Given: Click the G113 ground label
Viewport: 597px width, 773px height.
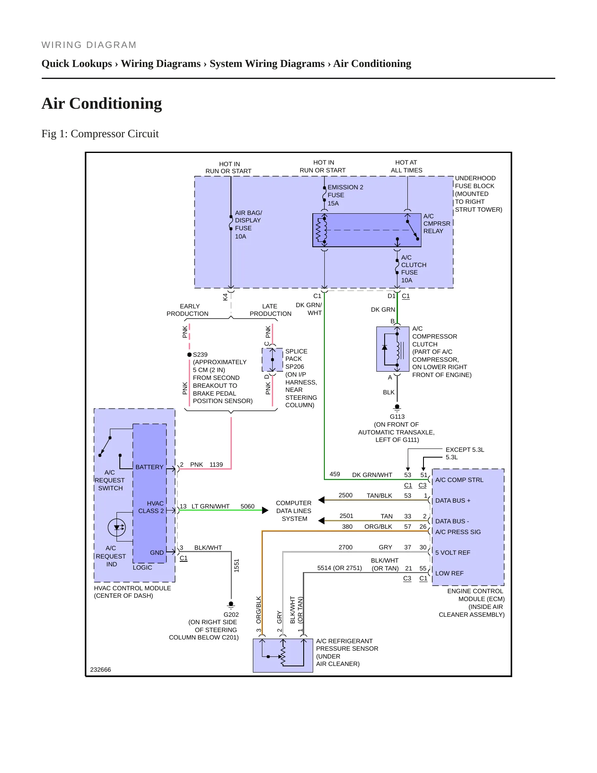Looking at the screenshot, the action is pyautogui.click(x=397, y=417).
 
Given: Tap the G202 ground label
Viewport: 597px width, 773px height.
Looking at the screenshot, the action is pyautogui.click(x=231, y=615).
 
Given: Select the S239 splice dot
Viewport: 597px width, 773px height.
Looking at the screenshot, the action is pyautogui.click(x=189, y=355).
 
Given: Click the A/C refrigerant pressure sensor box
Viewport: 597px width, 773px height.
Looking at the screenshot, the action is pyautogui.click(x=283, y=655).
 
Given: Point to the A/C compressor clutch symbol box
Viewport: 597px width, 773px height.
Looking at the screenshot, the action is pyautogui.click(x=392, y=349).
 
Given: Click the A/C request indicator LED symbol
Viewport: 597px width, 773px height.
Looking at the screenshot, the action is pyautogui.click(x=117, y=527).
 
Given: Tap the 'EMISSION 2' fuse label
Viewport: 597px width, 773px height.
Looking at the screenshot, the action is pyautogui.click(x=345, y=187).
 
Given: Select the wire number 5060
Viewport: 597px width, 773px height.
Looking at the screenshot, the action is pyautogui.click(x=247, y=506).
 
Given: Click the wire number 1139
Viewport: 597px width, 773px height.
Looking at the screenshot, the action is pyautogui.click(x=216, y=465).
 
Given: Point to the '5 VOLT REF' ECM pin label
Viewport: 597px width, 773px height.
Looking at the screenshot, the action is pyautogui.click(x=453, y=553).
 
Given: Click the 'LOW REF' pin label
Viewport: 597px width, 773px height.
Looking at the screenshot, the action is pyautogui.click(x=449, y=573).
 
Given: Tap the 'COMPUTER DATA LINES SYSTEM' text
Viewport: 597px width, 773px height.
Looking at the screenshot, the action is pyautogui.click(x=294, y=511).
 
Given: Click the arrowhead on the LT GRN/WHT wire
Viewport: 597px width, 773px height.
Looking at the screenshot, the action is pyautogui.click(x=265, y=510).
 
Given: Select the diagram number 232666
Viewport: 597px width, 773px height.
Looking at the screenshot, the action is pyautogui.click(x=100, y=670).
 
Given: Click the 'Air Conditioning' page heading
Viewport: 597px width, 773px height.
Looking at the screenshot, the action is pyautogui.click(x=102, y=103).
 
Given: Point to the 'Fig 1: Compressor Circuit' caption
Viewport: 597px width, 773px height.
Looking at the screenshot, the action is pyautogui.click(x=100, y=134).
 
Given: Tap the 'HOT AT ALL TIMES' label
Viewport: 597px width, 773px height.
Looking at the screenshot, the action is pyautogui.click(x=407, y=166).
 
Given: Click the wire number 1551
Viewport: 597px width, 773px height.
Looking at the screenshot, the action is pyautogui.click(x=236, y=565).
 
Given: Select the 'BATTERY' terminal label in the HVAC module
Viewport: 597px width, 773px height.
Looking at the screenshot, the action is pyautogui.click(x=149, y=467).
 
